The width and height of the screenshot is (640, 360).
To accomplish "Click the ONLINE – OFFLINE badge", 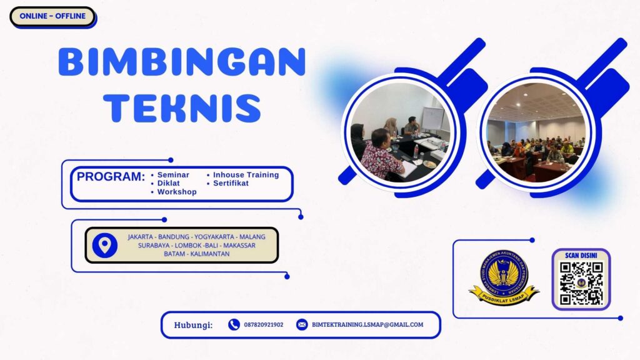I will pyautogui.click(x=52, y=16).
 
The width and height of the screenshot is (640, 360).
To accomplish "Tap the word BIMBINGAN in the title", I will pyautogui.click(x=182, y=62).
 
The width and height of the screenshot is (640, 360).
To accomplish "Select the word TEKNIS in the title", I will pyautogui.click(x=182, y=107).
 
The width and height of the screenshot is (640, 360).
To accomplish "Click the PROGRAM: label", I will pyautogui.click(x=111, y=177).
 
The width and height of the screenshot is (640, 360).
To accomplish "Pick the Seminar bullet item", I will pyautogui.click(x=173, y=175).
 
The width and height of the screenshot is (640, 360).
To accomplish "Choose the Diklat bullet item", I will pyautogui.click(x=169, y=184).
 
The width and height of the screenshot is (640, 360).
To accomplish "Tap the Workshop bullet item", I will pyautogui.click(x=177, y=192).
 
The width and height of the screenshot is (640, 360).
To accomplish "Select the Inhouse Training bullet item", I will pyautogui.click(x=246, y=175).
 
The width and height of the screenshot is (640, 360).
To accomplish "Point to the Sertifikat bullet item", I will pyautogui.click(x=231, y=184).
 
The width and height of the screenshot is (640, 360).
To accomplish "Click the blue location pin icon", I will pyautogui.click(x=104, y=245).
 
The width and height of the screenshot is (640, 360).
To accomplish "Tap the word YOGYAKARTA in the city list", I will pyautogui.click(x=216, y=237).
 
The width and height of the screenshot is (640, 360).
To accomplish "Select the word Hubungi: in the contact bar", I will pyautogui.click(x=193, y=325).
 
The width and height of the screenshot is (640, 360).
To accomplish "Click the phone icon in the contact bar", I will pyautogui.click(x=234, y=324).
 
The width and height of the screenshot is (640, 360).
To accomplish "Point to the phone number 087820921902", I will pyautogui.click(x=264, y=325).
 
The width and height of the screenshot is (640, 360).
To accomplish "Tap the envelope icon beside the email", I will pyautogui.click(x=302, y=324).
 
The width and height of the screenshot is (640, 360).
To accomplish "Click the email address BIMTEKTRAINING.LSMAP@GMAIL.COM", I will pyautogui.click(x=367, y=325).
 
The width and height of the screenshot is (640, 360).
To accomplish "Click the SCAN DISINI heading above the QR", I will pyautogui.click(x=581, y=256).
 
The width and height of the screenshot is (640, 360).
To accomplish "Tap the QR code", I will pyautogui.click(x=581, y=283).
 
